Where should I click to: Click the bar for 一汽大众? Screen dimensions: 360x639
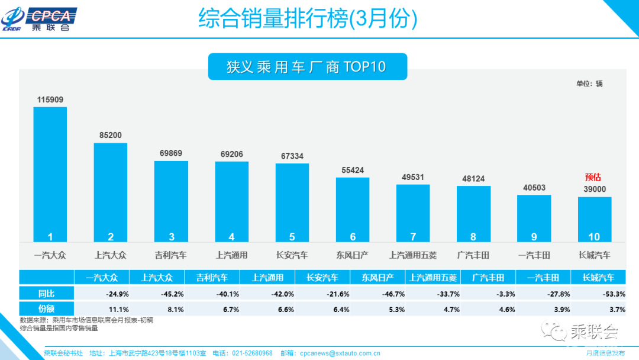click(x=50, y=174)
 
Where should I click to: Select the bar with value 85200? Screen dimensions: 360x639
click(x=111, y=192)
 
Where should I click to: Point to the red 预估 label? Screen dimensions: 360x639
click(x=593, y=177)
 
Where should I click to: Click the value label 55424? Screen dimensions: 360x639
click(x=353, y=170)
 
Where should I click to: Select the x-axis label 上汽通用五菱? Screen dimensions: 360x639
click(x=413, y=255)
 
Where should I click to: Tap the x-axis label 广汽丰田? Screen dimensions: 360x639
click(x=473, y=255)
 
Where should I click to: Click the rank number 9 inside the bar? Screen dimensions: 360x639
click(x=534, y=237)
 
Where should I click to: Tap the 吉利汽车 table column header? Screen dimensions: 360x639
click(x=212, y=277)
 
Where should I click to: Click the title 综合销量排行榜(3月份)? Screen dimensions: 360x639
click(x=308, y=19)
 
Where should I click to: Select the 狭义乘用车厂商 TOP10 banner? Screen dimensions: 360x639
click(x=307, y=67)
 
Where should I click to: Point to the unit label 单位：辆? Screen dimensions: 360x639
click(x=589, y=83)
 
